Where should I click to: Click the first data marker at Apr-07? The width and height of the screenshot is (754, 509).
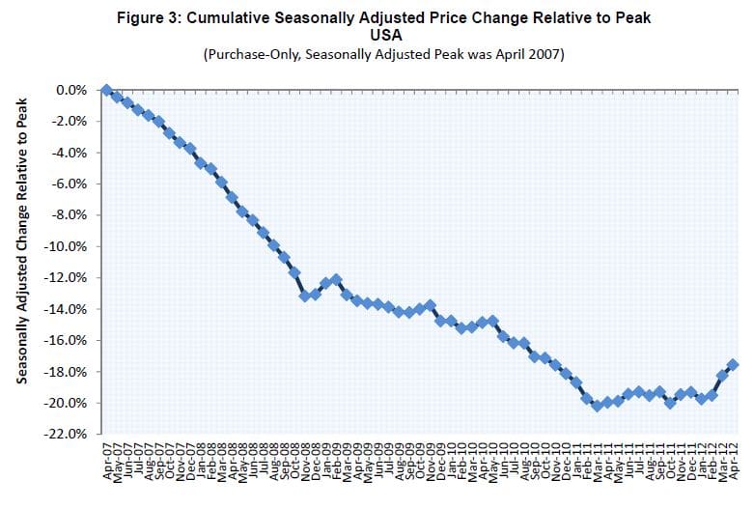tap(106, 90)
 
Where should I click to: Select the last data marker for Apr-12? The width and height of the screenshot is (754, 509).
tap(733, 364)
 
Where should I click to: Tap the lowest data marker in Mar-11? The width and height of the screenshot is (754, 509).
tap(597, 406)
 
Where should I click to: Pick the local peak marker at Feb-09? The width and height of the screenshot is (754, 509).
tap(336, 279)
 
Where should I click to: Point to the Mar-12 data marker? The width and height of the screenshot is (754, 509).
tap(722, 374)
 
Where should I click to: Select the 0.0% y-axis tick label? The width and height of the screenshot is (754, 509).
tap(71, 90)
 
